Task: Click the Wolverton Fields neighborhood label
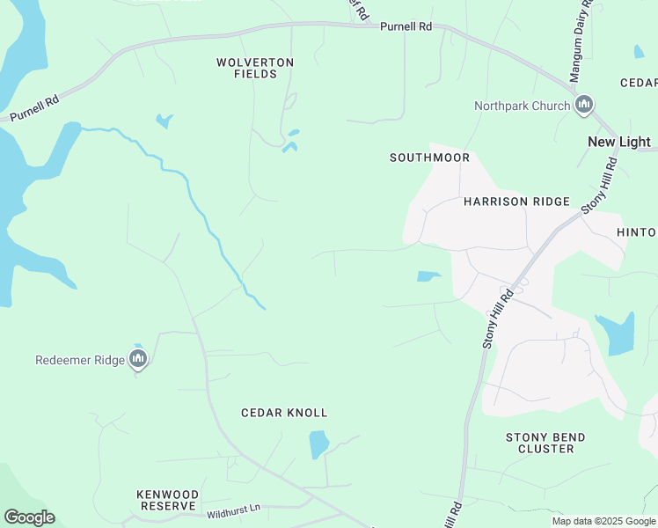point(255,68)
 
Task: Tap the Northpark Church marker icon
point(584,106)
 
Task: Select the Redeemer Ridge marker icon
point(137,359)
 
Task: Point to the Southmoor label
point(429,158)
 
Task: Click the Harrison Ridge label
point(516,202)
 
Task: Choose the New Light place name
point(618,142)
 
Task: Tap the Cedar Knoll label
point(284,413)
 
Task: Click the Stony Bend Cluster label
point(545,443)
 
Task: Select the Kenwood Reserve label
point(167,501)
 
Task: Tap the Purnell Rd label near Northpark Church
point(406,27)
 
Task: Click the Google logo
point(29,517)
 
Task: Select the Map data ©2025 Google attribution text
point(603,521)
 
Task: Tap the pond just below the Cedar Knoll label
point(318,444)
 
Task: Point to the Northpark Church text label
point(522,106)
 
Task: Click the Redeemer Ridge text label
point(79,360)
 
